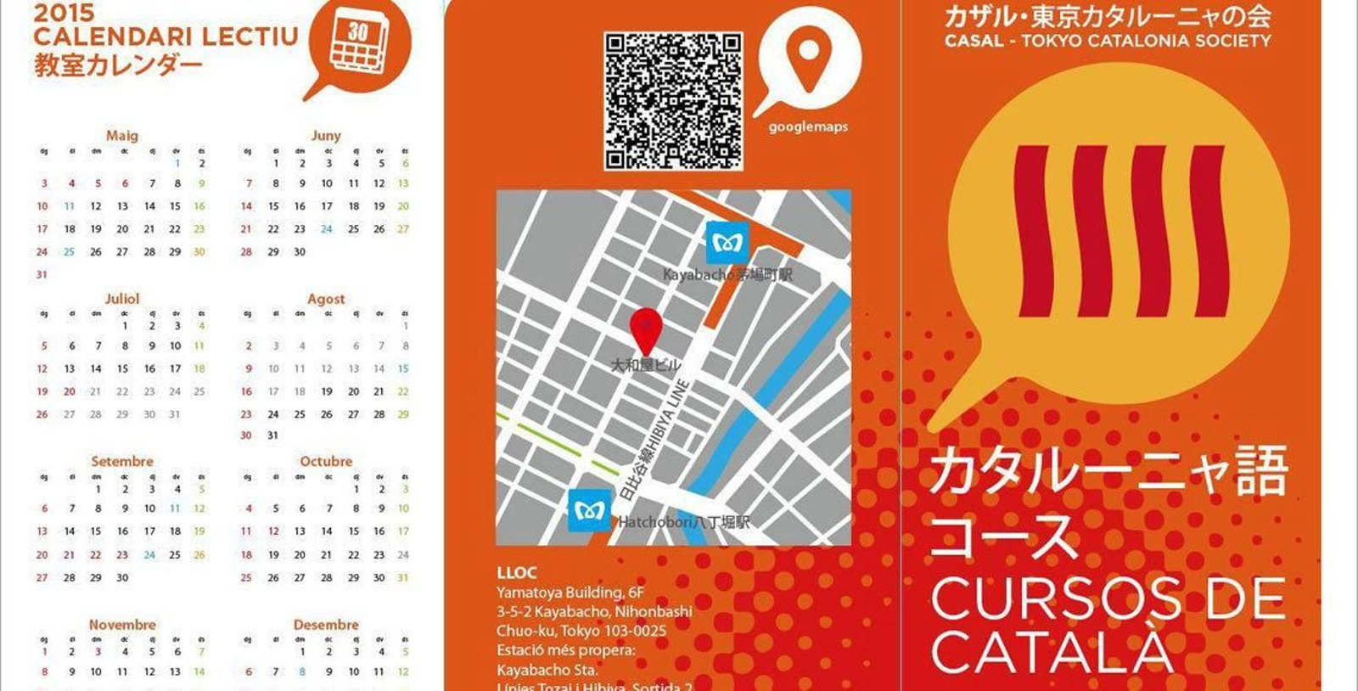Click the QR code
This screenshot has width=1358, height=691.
click(x=673, y=101)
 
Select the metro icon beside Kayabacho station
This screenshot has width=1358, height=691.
click(x=727, y=244)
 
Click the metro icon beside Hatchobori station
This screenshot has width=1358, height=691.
click(x=589, y=510)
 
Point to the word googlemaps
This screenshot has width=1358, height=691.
click(x=808, y=127)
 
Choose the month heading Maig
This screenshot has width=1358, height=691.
click(x=122, y=136)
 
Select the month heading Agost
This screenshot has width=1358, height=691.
click(x=326, y=299)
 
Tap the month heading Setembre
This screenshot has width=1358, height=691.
click(x=122, y=462)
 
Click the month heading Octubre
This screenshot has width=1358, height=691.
click(x=326, y=462)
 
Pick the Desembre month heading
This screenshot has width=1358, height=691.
click(x=326, y=625)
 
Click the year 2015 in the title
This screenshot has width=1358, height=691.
click(x=65, y=13)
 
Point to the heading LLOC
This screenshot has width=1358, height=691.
click(x=517, y=573)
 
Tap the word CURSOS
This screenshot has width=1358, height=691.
click(x=1058, y=598)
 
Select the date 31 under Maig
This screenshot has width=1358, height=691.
click(x=42, y=275)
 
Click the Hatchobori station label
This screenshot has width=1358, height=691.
click(x=684, y=522)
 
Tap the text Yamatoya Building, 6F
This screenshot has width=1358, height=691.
click(x=570, y=593)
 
